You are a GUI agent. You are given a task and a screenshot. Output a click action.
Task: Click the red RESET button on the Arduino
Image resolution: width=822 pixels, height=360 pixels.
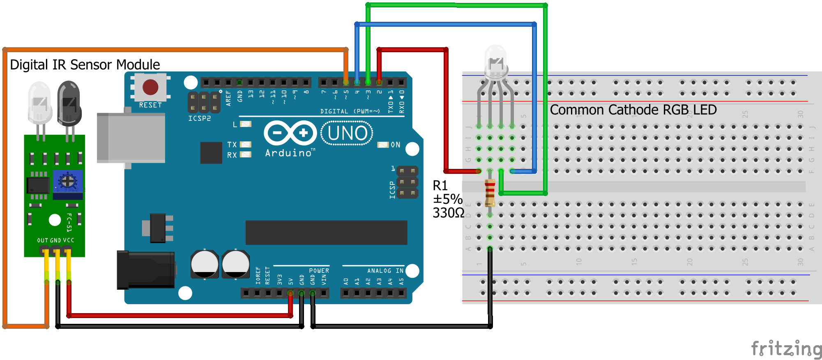(x=150, y=87)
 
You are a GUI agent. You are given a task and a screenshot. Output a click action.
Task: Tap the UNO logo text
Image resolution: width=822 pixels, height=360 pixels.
(x=347, y=133)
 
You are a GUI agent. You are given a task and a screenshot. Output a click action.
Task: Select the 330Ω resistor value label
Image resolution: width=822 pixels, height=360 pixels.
(x=448, y=213)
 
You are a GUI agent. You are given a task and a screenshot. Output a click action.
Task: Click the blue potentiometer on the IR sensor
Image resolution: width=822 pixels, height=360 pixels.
(x=68, y=181)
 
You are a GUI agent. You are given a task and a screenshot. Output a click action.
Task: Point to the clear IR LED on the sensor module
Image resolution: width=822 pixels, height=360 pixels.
(x=39, y=103)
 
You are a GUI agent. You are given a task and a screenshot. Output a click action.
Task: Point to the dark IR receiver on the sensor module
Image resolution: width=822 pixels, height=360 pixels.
(x=69, y=103)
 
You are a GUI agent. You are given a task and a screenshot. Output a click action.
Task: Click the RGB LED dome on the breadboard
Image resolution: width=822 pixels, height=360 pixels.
(x=496, y=62)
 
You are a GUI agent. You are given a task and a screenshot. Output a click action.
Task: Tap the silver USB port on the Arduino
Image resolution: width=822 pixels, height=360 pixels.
(x=131, y=138)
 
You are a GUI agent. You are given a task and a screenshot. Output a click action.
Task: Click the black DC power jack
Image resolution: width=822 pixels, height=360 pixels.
(x=146, y=270)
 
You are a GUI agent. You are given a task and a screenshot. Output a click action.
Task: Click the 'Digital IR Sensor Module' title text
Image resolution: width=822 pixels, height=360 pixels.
(x=85, y=65)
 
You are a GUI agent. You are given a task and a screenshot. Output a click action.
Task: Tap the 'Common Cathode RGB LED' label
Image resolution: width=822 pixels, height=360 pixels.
(x=633, y=110)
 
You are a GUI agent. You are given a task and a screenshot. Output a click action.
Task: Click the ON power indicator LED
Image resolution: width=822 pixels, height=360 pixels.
(x=383, y=145)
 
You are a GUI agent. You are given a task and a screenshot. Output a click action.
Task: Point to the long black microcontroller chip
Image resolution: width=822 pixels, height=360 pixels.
(x=326, y=232)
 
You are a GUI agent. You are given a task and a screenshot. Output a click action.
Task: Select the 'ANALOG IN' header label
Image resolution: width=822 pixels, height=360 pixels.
(x=385, y=271)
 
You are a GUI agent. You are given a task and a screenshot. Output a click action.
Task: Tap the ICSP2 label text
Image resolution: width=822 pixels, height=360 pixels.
(x=200, y=118)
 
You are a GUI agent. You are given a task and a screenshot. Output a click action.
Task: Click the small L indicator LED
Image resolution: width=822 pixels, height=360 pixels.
(x=246, y=124)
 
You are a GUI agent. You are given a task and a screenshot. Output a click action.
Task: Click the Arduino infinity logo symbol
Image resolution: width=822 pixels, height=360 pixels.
(x=290, y=133)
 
